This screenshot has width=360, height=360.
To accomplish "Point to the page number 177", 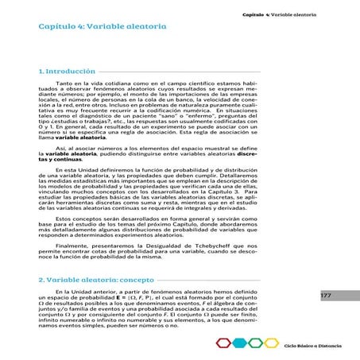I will [x=326, y=295].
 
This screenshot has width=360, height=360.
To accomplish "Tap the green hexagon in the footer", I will [x=256, y=343].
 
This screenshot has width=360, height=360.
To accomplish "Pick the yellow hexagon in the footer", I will [x=270, y=343].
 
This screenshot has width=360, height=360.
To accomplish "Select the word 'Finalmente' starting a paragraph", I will [x=72, y=246].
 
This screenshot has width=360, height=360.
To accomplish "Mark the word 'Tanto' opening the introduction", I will [x=65, y=83].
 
